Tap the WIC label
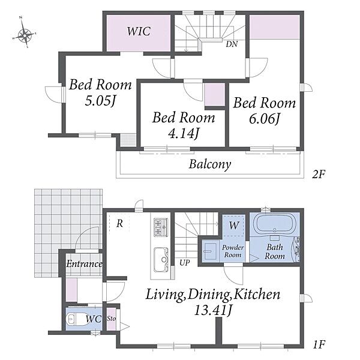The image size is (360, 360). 139,31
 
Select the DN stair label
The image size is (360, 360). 232,44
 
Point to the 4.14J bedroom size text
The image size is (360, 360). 184,134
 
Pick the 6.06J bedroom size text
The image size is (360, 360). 265,119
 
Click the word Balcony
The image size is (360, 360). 210,164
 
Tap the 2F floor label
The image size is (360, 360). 319,175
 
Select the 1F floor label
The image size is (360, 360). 319,344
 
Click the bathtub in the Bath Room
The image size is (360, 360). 275,224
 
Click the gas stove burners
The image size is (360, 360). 160,228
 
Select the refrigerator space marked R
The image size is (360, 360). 119,223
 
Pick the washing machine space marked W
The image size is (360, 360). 234,225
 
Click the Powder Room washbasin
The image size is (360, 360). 209,251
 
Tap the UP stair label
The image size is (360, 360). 185,263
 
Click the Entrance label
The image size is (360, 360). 84,264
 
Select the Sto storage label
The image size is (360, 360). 112,319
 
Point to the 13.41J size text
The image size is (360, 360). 212,310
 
